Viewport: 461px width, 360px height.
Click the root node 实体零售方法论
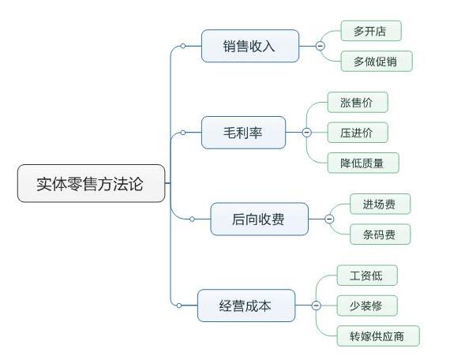click(x=92, y=183)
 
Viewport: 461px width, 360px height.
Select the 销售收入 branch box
click(x=249, y=46)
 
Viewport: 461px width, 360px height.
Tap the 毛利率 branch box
click(x=243, y=132)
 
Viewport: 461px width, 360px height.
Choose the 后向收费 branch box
click(x=259, y=219)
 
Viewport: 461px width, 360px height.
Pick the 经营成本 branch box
click(x=245, y=305)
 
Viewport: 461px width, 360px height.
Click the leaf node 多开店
click(x=370, y=31)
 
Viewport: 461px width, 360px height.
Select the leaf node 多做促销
click(x=377, y=61)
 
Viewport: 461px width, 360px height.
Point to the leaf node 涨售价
click(x=357, y=102)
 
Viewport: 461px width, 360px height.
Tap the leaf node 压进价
click(x=357, y=132)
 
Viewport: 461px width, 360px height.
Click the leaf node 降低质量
click(x=363, y=162)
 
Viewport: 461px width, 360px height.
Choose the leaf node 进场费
click(x=380, y=204)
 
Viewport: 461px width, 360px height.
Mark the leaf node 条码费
click(x=380, y=234)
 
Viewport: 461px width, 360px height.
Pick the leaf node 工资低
click(x=366, y=276)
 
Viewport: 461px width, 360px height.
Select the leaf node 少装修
click(x=366, y=306)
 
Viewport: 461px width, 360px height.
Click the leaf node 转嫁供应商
click(x=377, y=336)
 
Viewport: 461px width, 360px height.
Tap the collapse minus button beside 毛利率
click(x=306, y=132)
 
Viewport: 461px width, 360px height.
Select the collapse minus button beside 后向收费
click(x=329, y=219)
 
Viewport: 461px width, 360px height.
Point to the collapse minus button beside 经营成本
click(x=316, y=305)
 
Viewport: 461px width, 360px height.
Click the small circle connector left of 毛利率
click(x=183, y=132)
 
